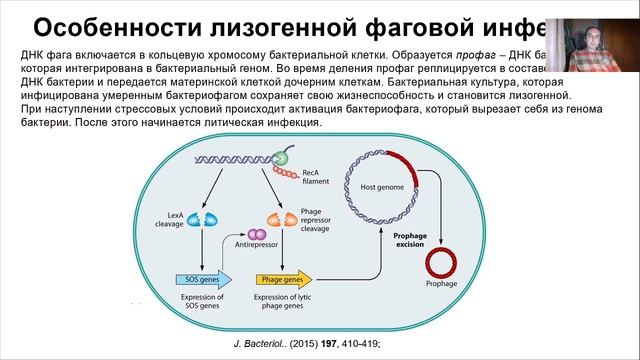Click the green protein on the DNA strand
pyautogui.click(x=282, y=157)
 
